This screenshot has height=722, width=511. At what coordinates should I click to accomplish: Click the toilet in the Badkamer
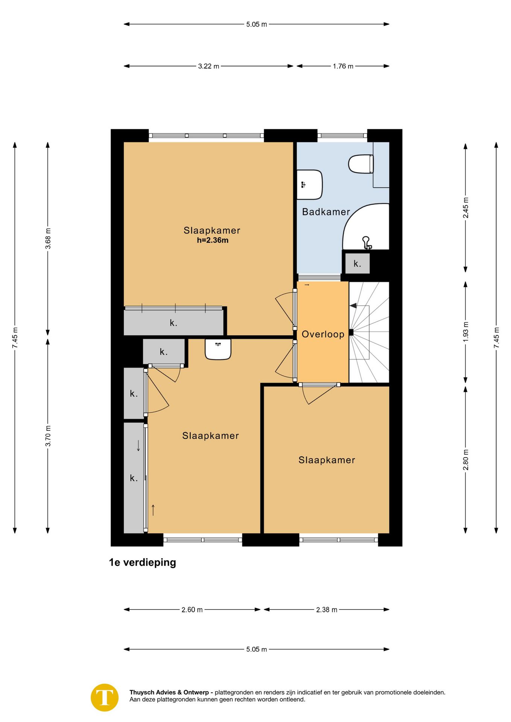click(x=361, y=164)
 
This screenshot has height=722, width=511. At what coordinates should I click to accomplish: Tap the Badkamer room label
click(x=326, y=212)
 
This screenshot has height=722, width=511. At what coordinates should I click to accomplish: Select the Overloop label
click(x=323, y=334)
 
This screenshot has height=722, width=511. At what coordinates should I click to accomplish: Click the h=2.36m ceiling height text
click(x=213, y=240)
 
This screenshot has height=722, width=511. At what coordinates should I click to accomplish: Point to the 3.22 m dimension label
click(x=208, y=66)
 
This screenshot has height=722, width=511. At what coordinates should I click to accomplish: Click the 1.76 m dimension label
click(x=343, y=66)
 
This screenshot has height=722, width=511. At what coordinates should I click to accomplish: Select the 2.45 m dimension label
click(x=466, y=208)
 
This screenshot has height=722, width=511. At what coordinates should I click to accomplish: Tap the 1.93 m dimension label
click(x=466, y=332)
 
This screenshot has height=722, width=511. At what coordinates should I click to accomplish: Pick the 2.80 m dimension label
click(x=466, y=460)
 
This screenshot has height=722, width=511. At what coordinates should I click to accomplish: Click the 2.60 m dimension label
click(x=192, y=610)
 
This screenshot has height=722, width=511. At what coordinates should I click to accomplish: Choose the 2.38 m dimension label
click(x=327, y=610)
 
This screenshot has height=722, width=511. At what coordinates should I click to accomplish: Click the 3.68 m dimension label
click(x=48, y=238)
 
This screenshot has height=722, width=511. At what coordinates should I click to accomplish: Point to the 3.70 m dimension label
click(x=48, y=436)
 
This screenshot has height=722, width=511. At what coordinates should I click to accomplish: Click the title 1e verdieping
click(x=142, y=563)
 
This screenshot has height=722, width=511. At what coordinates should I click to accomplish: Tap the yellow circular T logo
click(x=105, y=698)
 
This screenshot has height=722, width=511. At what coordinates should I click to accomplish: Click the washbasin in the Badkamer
click(x=310, y=185)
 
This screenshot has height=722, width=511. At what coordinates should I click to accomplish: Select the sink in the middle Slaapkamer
click(x=218, y=349)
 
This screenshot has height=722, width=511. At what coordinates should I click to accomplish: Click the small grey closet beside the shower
click(x=357, y=264)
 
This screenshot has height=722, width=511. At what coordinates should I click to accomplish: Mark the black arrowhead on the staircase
click(x=353, y=306)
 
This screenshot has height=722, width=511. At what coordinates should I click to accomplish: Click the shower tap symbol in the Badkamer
click(x=367, y=243)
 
